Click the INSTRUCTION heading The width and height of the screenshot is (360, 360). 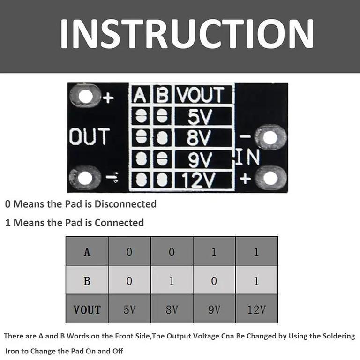187,34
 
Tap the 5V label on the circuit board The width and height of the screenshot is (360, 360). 199,116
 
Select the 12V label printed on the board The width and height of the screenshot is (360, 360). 198,180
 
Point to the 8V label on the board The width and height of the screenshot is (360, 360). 198,137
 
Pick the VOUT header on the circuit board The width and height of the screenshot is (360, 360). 200,95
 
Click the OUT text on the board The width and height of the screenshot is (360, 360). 90,136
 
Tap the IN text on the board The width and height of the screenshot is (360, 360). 248,157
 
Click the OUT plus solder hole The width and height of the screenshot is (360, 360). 86,96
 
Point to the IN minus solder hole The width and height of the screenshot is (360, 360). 271,138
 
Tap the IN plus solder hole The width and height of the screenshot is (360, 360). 271,178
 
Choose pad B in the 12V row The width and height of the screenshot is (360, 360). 162,180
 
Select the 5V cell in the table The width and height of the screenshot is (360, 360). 129,309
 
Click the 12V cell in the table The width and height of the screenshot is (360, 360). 257,309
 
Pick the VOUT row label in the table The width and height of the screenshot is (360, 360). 87,309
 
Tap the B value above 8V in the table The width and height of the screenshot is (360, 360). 172,281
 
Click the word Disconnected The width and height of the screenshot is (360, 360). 125,204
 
